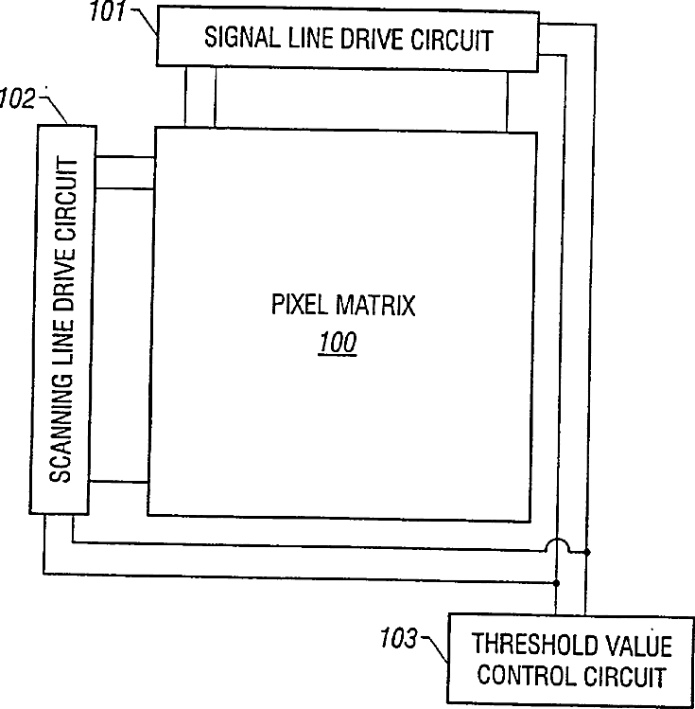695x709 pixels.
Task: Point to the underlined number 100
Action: [x=337, y=342]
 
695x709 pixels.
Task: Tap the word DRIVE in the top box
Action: [x=376, y=41]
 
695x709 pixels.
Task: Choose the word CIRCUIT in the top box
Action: [x=457, y=41]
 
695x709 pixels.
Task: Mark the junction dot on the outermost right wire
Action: [x=587, y=551]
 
